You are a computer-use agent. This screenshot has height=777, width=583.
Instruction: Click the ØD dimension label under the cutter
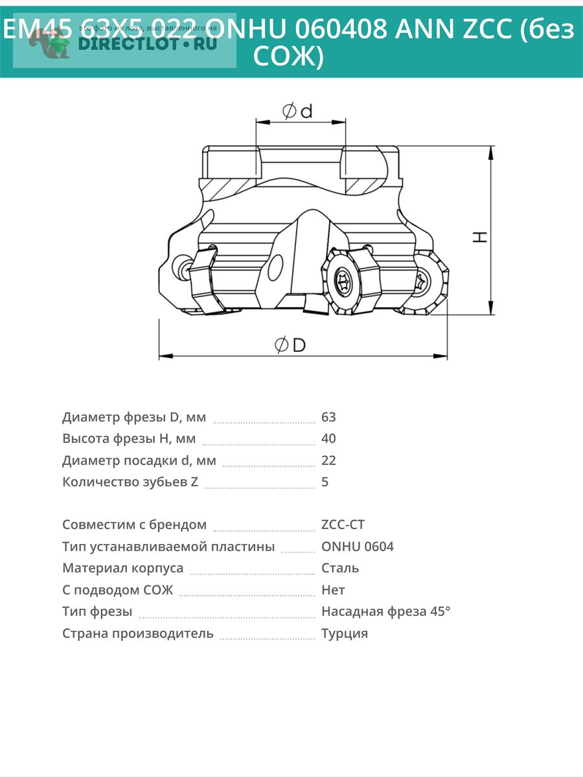click(290, 345)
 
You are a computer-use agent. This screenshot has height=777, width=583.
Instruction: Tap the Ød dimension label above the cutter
click(297, 111)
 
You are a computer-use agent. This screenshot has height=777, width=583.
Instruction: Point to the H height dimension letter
click(479, 236)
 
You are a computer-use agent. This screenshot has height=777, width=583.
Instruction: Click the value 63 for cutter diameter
click(328, 417)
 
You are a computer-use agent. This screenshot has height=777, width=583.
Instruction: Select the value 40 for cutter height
click(328, 438)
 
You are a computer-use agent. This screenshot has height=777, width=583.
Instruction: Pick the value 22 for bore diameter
click(328, 460)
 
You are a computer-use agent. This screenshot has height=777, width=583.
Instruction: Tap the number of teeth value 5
click(325, 482)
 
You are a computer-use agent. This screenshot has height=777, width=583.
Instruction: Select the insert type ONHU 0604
click(357, 546)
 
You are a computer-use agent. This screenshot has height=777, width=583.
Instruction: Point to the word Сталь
click(340, 568)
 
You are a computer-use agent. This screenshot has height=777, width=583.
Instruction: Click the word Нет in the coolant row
click(333, 590)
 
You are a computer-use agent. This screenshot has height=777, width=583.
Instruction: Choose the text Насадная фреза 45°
click(385, 611)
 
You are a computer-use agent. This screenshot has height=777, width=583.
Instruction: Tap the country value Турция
click(345, 633)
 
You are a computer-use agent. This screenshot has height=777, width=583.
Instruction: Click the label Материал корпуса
click(122, 568)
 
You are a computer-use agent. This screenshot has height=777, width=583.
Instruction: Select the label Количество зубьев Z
click(130, 482)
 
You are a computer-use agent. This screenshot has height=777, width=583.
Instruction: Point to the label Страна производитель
click(137, 633)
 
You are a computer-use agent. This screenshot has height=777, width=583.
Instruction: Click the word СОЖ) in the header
click(288, 57)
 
